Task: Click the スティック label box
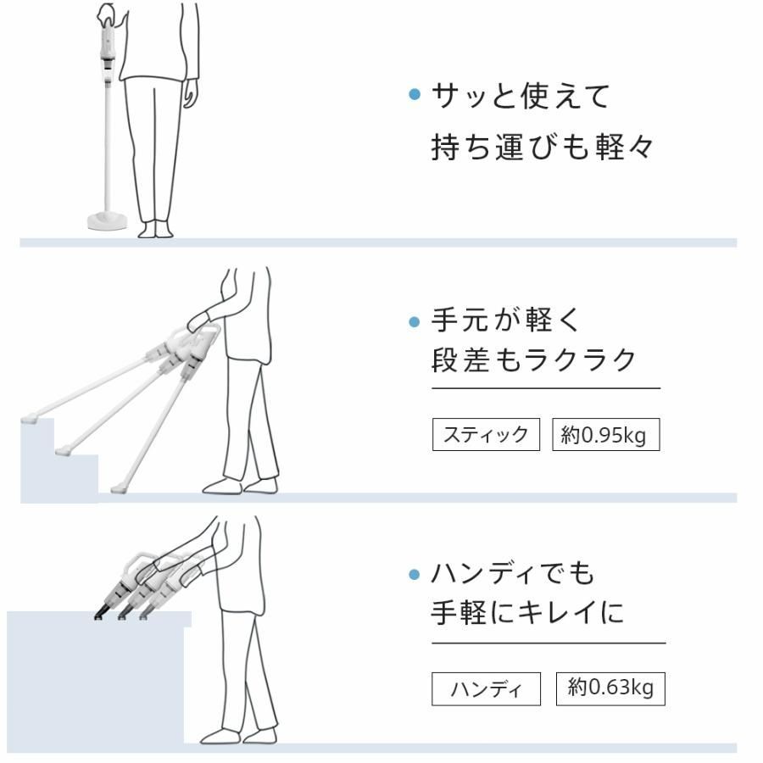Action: pos(486,436)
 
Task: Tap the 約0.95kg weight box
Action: pos(605,436)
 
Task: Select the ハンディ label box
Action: pos(486,689)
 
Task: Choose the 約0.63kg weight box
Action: pos(610,688)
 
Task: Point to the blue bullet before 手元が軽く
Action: pos(415,322)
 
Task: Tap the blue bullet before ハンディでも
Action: pos(415,576)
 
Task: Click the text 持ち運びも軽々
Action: pos(543,148)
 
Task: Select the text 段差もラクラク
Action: pos(535,360)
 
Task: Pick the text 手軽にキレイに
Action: pos(528,613)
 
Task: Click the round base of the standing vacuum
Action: pos(108,221)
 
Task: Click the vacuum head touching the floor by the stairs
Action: pos(118,488)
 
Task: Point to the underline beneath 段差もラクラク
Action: pos(545,388)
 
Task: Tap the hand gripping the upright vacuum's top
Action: pos(107,14)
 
